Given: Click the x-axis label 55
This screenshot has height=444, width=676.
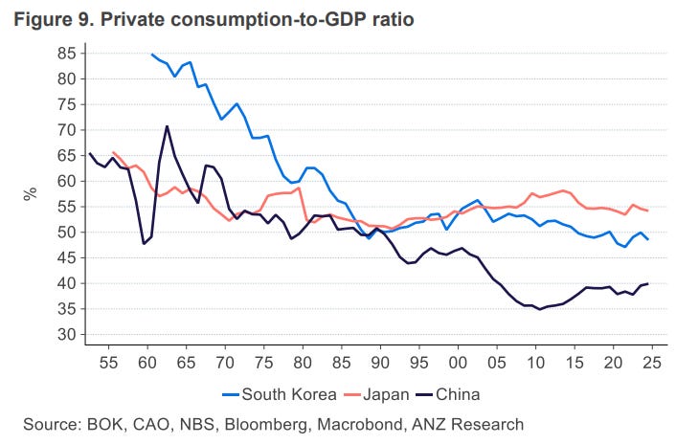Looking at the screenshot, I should [108, 364].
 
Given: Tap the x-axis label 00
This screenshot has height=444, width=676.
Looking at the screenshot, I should [458, 364].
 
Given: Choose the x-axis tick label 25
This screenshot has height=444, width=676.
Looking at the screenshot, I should [652, 364].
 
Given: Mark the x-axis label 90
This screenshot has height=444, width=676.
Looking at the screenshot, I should [380, 364].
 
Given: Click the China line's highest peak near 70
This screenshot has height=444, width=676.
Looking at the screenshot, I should [167, 126].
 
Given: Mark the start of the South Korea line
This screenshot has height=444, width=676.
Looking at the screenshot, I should [152, 55].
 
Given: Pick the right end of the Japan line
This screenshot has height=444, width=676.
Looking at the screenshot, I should [648, 211].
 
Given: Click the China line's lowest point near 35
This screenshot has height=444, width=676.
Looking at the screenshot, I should [540, 309].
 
